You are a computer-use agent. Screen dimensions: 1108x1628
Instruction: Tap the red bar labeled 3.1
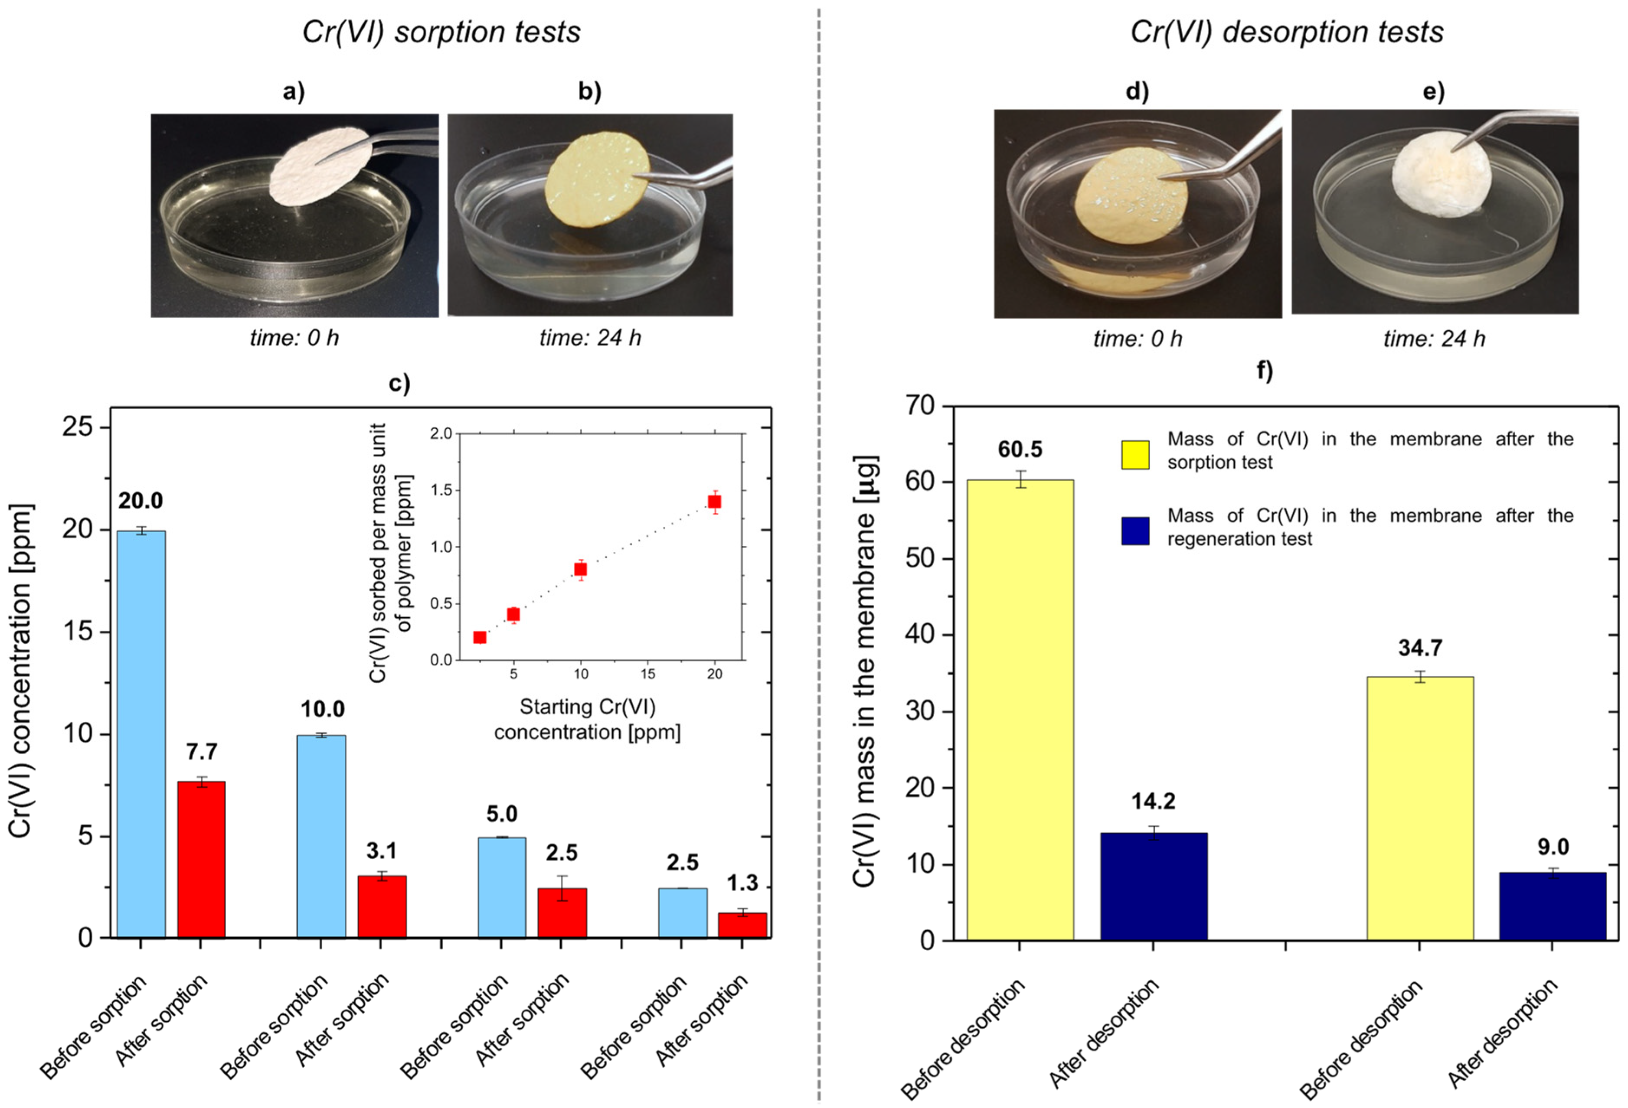pos(382,906)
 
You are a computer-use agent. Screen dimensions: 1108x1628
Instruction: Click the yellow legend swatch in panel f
pos(1135,455)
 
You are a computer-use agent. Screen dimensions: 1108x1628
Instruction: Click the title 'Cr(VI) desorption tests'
pos(1287,32)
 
